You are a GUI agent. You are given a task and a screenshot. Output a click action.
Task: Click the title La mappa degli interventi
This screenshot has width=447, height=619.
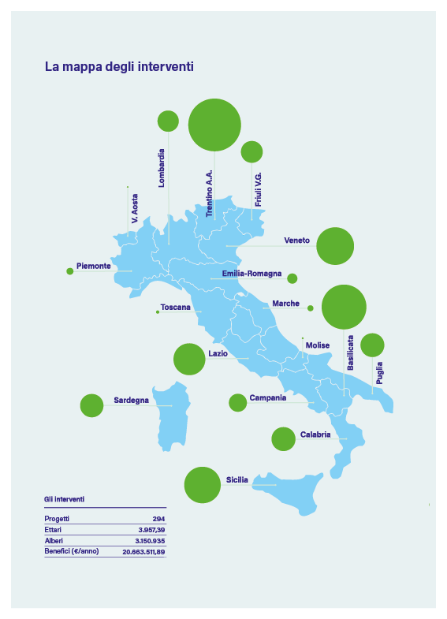click(119, 67)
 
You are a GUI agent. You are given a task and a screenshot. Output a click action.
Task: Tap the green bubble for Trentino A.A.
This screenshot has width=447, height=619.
click(214, 125)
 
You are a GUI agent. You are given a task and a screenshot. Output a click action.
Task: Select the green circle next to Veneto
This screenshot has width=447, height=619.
click(335, 246)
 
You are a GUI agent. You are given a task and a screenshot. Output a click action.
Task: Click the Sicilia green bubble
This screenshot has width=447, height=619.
click(202, 485)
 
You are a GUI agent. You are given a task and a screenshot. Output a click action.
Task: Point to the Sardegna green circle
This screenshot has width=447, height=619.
click(92, 405)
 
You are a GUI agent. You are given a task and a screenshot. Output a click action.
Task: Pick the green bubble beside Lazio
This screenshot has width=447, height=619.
click(189, 359)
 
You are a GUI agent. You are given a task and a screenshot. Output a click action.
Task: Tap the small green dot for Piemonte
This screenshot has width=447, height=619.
click(70, 271)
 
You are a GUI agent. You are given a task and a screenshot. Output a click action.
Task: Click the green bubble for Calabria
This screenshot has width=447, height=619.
click(283, 439)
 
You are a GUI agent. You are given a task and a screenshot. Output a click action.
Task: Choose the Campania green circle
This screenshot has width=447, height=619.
click(237, 403)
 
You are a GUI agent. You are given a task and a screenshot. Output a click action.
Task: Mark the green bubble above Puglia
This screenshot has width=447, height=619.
click(372, 345)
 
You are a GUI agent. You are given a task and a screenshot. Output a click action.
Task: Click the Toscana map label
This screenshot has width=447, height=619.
click(175, 308)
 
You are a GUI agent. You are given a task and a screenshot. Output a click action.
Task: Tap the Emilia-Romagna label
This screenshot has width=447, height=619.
click(251, 274)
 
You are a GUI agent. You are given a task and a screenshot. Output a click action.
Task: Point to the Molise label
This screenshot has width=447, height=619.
click(318, 345)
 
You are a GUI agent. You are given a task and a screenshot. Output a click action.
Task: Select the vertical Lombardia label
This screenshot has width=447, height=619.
click(162, 167)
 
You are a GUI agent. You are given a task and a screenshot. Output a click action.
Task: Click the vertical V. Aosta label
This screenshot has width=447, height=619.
click(135, 208)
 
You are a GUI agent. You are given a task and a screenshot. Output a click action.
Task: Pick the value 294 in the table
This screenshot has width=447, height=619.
click(158, 519)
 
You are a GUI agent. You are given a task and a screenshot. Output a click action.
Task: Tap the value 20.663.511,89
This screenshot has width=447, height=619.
click(143, 552)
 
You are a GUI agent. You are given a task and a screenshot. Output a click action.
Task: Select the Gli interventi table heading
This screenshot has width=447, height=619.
click(64, 499)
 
